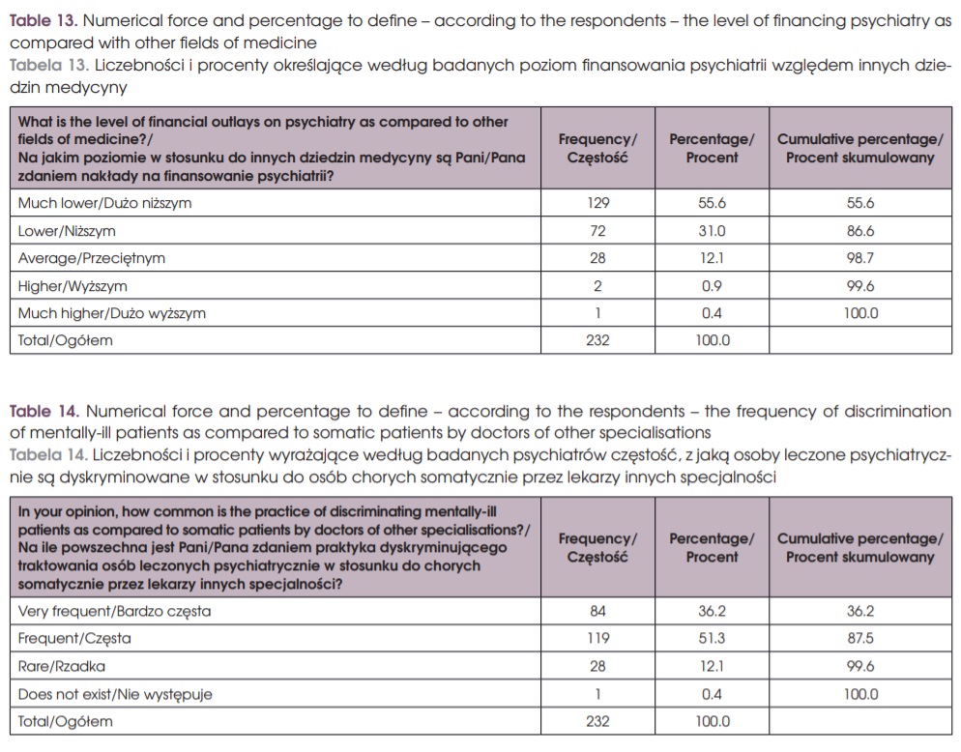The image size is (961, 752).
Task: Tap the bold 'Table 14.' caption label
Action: (x=40, y=412)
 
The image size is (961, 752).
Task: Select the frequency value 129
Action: (x=597, y=203)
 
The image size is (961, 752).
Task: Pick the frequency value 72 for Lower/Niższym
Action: (x=597, y=231)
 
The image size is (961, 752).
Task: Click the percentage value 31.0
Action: (x=712, y=231)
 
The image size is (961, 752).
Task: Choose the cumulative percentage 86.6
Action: (x=859, y=231)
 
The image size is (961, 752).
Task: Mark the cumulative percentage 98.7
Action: (x=859, y=258)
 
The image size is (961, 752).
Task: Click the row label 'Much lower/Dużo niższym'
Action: (x=104, y=203)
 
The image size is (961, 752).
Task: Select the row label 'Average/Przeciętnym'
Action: (x=92, y=258)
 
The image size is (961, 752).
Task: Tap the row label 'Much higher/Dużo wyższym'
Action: (x=112, y=313)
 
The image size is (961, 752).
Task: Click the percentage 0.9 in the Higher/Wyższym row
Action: (x=712, y=286)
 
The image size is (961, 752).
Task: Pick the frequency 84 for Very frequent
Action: (x=597, y=611)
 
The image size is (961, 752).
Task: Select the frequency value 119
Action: (x=597, y=639)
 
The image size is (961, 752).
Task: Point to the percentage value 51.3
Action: (x=712, y=639)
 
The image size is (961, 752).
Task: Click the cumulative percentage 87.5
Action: (x=859, y=639)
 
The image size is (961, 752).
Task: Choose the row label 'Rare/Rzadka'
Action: (x=62, y=667)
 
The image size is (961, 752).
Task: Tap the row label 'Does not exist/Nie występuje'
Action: (x=115, y=694)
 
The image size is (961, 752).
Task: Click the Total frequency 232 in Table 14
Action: (x=597, y=722)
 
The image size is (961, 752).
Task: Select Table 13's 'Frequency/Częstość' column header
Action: (x=597, y=148)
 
